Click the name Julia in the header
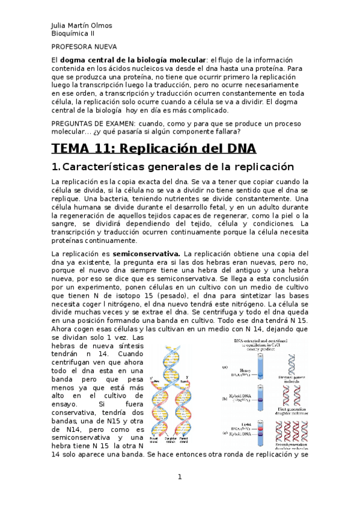[x=59, y=26]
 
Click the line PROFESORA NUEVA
[x=84, y=46]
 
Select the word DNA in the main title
[x=239, y=148]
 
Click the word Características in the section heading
[x=106, y=167]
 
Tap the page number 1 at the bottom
[x=179, y=477]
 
